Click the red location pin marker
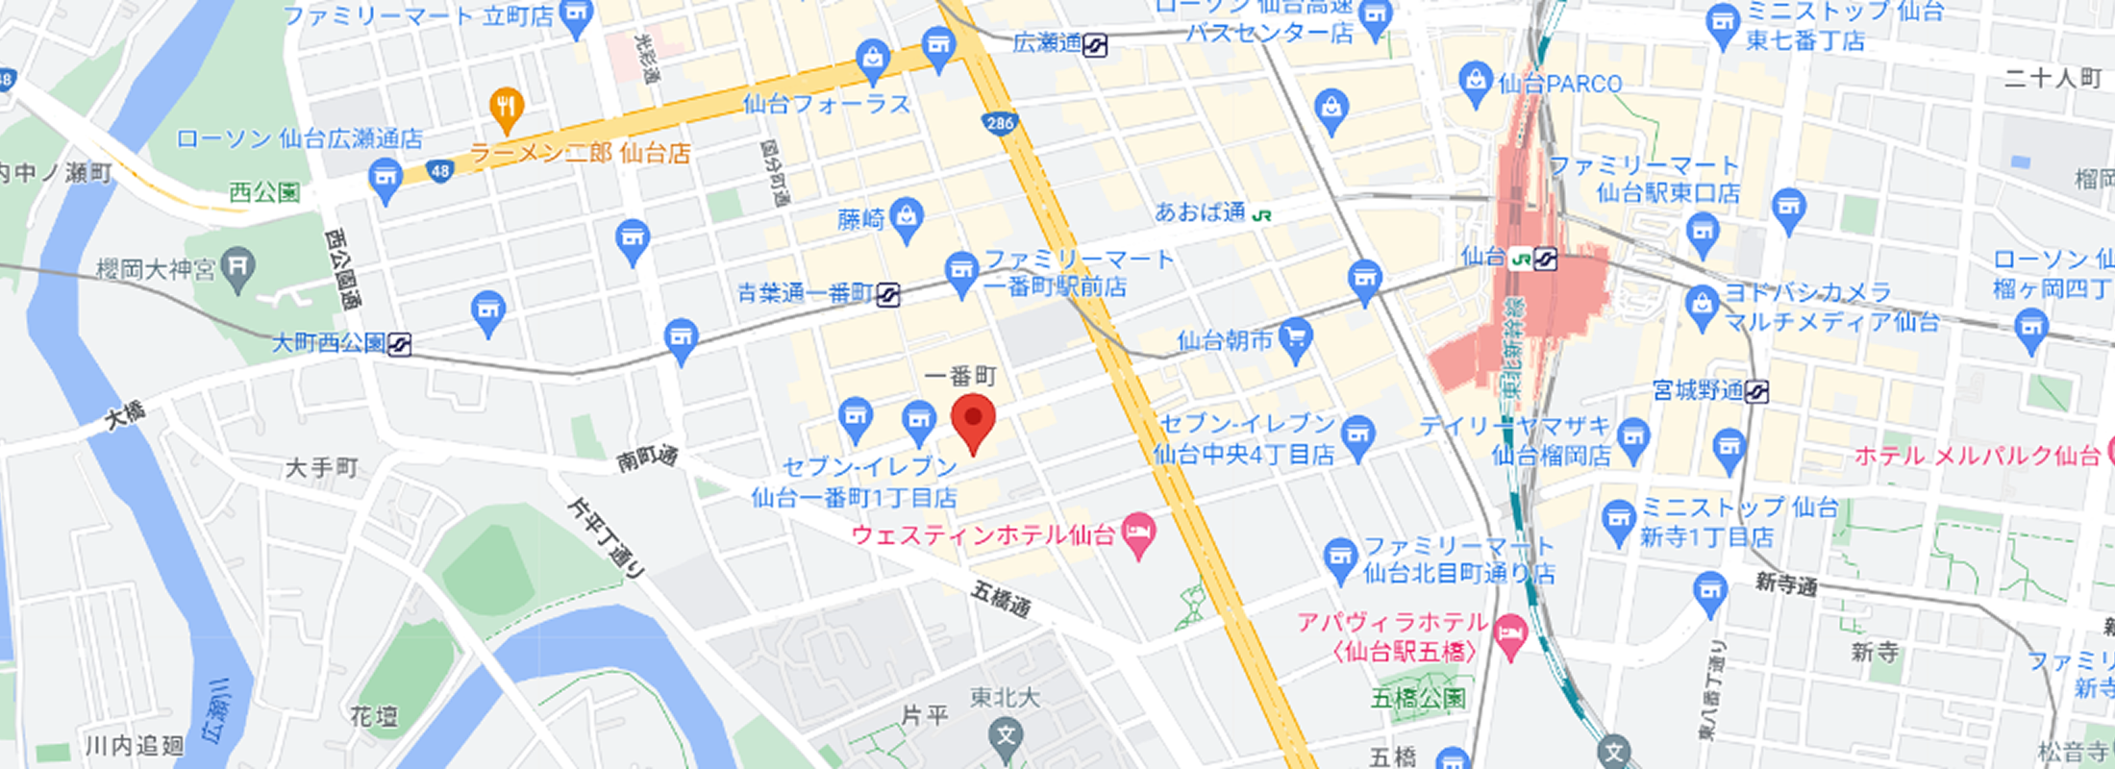973,420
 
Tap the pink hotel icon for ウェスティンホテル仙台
1139,534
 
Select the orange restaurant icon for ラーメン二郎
507,108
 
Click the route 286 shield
1000,123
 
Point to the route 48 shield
439,172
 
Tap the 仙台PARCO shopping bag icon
1475,82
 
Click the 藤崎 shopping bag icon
906,218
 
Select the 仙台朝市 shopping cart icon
1296,338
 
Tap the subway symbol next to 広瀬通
1095,45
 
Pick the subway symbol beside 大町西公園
399,343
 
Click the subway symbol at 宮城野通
1756,391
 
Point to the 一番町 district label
960,376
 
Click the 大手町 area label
322,468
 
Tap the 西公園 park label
264,192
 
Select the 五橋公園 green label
1418,698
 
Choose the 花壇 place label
374,716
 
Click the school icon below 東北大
1006,737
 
